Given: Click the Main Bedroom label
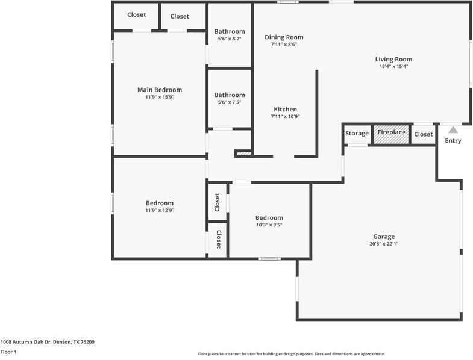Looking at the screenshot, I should coord(159,90).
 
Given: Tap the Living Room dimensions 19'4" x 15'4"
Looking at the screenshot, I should coord(393,67).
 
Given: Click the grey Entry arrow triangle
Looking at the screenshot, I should coord(453,129).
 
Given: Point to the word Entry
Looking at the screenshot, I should coord(453,141).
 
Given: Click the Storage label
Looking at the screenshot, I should coord(357,134).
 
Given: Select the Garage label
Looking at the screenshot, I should coord(384,236).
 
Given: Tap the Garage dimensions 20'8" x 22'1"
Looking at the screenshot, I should coord(384,244).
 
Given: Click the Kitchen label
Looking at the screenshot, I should coord(285,109).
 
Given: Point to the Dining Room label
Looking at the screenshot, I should coord(284,37).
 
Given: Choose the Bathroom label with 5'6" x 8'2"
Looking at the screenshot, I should coord(230,31).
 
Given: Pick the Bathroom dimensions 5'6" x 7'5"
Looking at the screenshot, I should coord(230,102).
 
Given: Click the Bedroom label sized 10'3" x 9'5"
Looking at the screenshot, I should coord(269,217).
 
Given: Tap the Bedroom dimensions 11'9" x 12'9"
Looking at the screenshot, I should coord(159,211).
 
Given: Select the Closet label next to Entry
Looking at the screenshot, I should coord(424,134).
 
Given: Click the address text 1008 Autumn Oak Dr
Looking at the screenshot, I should coord(48,341).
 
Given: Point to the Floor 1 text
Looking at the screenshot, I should coord(8,352).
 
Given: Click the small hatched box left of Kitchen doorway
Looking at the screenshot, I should coord(243,154).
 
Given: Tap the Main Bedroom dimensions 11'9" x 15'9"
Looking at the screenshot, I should coord(159,98).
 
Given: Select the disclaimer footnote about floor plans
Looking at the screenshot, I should coord(292,354).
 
